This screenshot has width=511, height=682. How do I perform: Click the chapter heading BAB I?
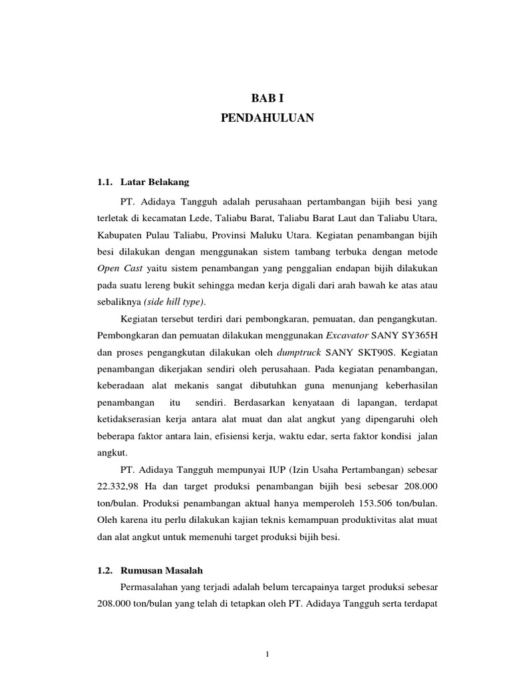[266, 98]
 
